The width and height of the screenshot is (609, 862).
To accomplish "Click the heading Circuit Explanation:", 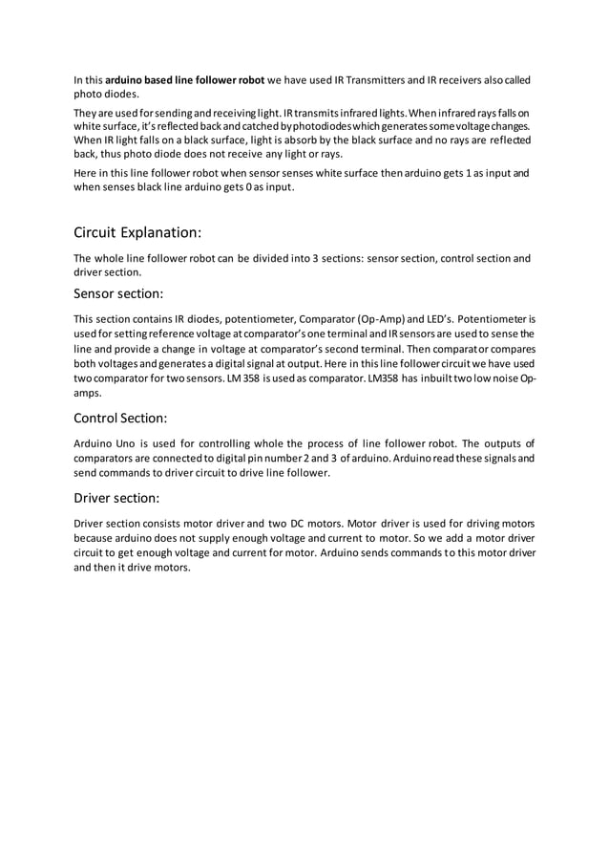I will pos(137,232).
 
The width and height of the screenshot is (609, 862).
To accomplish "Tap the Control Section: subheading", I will pos(120,417).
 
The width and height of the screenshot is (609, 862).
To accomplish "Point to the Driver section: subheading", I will pos(116,498).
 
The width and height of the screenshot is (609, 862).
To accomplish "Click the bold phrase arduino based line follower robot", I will pos(184,79).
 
